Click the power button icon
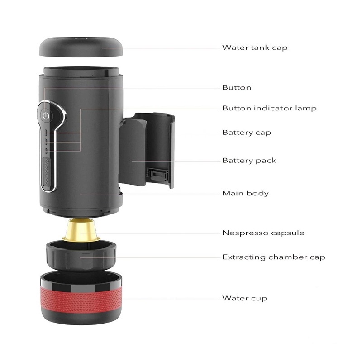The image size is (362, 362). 46,116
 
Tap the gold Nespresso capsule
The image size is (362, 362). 81,230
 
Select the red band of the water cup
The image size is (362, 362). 81,300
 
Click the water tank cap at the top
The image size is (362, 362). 81,47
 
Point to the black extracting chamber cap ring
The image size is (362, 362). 81,256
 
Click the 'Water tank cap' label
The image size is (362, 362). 255,48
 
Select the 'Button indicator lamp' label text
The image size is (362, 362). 269,108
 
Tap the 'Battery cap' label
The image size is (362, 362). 247,133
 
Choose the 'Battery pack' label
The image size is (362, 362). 249,161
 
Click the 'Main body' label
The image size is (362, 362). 245,193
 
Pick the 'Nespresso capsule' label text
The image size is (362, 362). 263,233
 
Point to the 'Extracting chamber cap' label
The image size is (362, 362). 274,257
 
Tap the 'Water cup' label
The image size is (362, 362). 244,298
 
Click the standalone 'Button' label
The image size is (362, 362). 237,87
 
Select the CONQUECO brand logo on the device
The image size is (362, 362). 47,171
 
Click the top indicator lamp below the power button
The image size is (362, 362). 46,133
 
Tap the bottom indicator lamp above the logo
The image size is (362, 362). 46,151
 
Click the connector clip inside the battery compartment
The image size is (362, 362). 157,175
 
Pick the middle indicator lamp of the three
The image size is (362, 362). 46,142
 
